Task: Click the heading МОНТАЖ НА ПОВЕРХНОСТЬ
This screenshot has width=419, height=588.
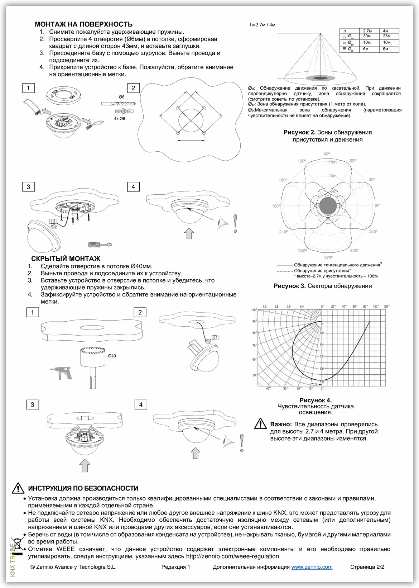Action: [x=83, y=24]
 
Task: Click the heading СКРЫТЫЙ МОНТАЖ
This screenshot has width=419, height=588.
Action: [x=66, y=259]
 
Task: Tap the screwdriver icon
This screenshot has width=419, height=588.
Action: [x=100, y=245]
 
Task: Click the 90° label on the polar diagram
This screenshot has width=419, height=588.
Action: [x=327, y=154]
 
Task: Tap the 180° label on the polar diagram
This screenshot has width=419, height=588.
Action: [x=276, y=206]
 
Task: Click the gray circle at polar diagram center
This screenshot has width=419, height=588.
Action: [x=328, y=206]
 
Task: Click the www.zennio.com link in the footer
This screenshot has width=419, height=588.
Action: [x=312, y=567]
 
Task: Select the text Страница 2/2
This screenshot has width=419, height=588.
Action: [x=367, y=567]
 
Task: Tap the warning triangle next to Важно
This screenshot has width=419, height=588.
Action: [x=260, y=424]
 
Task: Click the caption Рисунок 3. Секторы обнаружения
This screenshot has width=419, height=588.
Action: [x=322, y=286]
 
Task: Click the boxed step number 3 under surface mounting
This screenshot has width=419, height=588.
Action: [x=28, y=186]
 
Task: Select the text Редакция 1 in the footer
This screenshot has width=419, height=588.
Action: [x=175, y=567]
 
